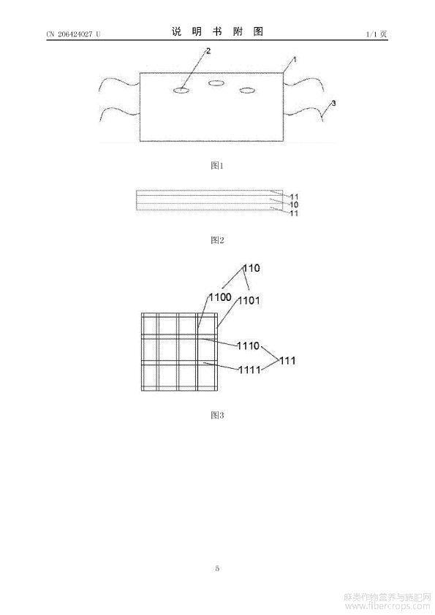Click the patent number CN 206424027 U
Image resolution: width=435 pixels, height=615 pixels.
[73, 34]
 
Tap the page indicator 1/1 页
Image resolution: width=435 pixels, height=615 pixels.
[377, 34]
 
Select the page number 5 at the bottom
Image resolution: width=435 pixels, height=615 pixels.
[217, 568]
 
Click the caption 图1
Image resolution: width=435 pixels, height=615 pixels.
[217, 166]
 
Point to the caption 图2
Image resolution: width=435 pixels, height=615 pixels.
[217, 240]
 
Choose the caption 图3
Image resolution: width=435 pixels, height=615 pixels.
[217, 415]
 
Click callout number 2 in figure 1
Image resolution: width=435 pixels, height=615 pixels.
[208, 51]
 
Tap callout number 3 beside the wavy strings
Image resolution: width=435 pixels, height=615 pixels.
[333, 103]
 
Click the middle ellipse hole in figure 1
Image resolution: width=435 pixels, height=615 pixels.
[216, 83]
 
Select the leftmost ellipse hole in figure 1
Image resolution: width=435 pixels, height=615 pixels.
[181, 91]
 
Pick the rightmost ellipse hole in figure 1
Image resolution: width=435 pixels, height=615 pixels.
[247, 91]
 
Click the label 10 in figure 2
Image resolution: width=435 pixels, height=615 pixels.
[294, 205]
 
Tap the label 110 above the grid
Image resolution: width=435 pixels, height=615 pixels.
[251, 268]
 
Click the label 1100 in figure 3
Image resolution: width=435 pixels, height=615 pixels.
[220, 297]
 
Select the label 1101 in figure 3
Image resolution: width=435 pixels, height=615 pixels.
[249, 301]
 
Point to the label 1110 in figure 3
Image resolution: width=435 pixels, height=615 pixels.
[249, 345]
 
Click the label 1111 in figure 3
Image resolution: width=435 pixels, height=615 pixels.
[250, 370]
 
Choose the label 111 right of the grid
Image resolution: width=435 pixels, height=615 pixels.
[287, 360]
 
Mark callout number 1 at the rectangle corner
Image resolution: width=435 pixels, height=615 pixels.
[295, 60]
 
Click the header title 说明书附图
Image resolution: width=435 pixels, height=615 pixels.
[217, 31]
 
